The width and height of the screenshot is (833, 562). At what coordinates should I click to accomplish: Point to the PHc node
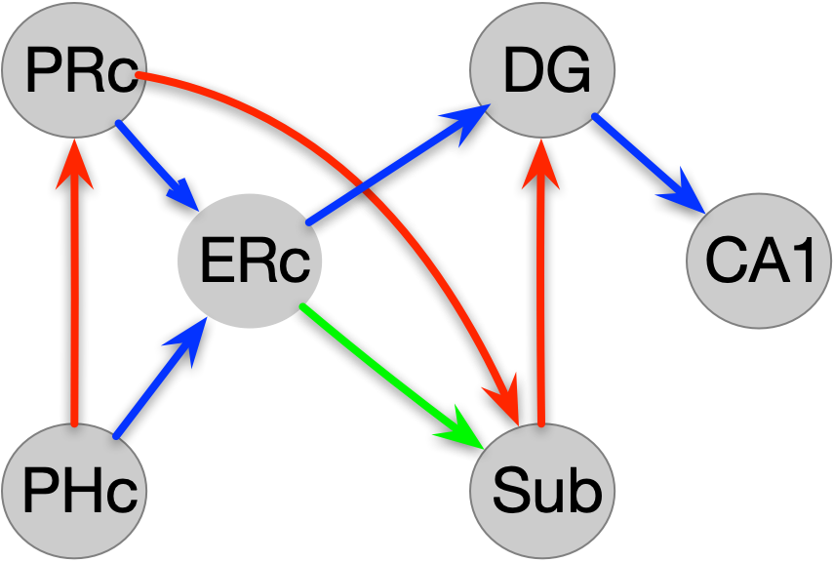point(73,489)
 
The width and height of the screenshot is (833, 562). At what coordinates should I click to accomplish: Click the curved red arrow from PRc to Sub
point(390,166)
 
